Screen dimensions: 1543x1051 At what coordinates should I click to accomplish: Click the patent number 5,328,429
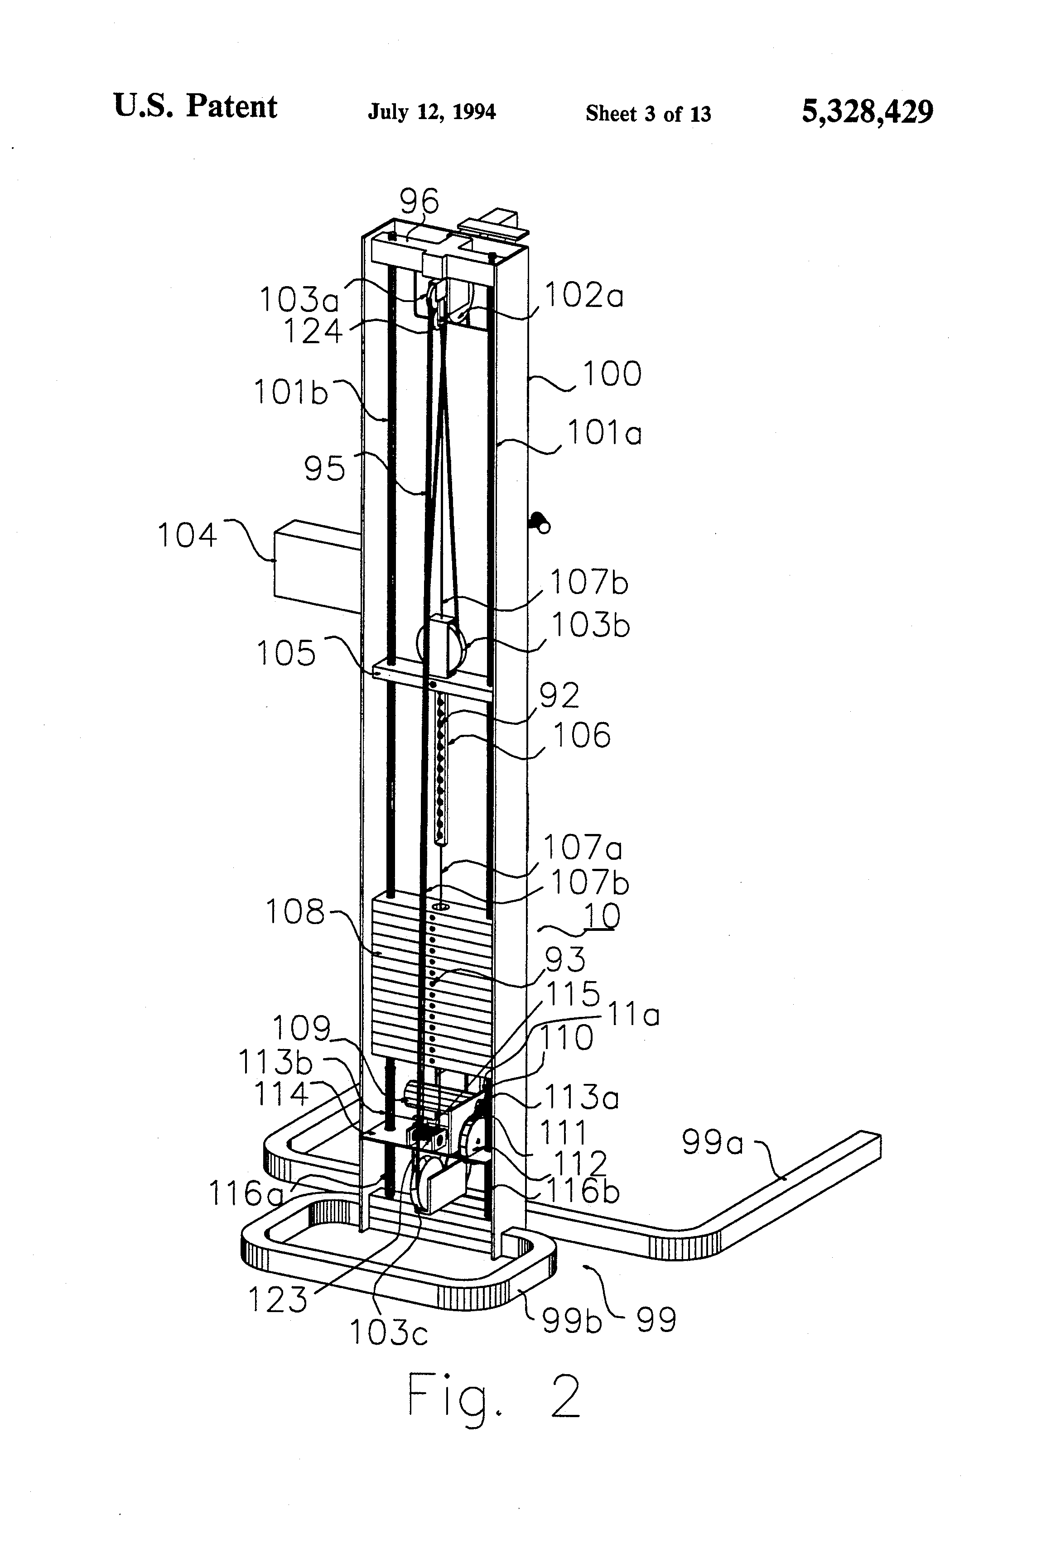[867, 111]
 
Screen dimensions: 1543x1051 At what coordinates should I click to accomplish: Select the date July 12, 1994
[432, 111]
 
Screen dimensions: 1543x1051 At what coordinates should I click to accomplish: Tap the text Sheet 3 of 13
[648, 114]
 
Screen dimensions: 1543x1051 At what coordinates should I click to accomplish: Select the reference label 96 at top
[419, 201]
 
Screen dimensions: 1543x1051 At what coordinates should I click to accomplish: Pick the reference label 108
[295, 912]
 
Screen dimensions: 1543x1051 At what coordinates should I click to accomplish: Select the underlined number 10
[601, 916]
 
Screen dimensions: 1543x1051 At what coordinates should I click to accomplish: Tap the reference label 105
[286, 654]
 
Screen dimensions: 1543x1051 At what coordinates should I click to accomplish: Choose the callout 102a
[584, 296]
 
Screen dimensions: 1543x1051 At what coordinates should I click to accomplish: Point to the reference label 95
[325, 469]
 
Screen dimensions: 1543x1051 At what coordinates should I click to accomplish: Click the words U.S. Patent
[195, 106]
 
